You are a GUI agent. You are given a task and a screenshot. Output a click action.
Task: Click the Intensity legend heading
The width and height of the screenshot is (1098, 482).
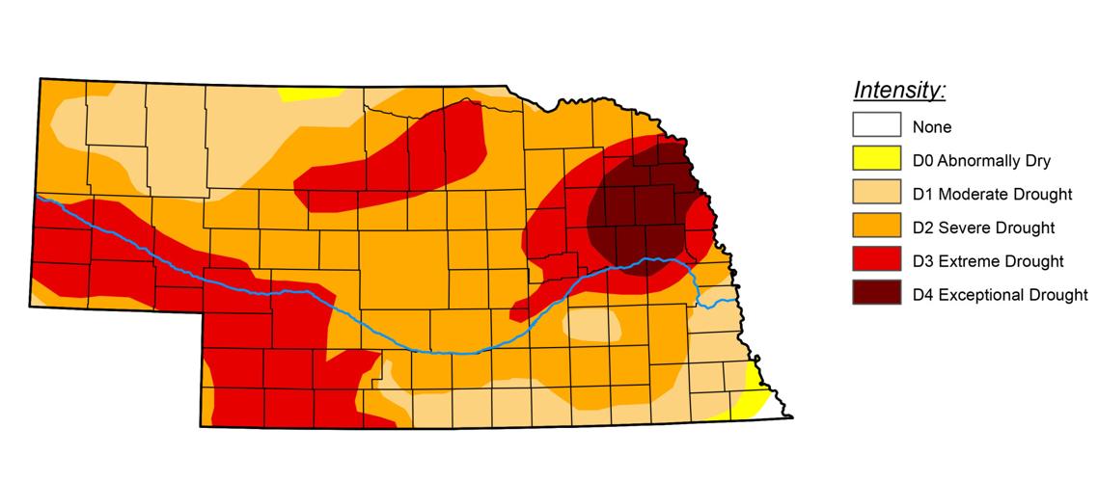[x=899, y=91]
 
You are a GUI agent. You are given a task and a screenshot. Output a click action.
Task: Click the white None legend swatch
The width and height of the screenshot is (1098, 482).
[x=876, y=126]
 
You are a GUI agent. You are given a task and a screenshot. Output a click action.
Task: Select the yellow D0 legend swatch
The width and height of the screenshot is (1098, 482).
[x=876, y=160]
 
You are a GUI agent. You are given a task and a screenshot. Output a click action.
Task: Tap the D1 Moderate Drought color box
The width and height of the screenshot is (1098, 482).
[x=876, y=194]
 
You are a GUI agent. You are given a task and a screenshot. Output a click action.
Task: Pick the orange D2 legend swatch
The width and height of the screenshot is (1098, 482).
[x=876, y=228]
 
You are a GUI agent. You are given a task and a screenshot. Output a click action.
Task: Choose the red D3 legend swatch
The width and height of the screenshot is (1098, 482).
[x=876, y=260]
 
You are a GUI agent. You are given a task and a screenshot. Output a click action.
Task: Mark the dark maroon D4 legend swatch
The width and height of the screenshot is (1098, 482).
[x=876, y=294]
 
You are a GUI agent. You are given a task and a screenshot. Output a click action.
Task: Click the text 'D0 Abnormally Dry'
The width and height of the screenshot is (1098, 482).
[x=981, y=161]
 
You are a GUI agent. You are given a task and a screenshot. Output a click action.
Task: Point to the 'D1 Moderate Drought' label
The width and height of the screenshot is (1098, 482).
[x=992, y=195]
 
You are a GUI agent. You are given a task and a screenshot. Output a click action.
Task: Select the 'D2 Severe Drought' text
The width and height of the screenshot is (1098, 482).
[x=983, y=228]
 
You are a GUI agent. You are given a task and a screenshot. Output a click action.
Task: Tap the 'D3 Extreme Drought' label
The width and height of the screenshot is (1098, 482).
[x=988, y=261]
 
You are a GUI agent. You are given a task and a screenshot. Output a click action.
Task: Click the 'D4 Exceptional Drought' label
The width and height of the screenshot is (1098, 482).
[x=1000, y=295]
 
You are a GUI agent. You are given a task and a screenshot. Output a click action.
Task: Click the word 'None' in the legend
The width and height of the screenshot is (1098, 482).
[x=932, y=127]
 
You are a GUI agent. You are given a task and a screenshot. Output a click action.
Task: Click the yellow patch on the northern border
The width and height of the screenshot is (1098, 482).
[x=311, y=94]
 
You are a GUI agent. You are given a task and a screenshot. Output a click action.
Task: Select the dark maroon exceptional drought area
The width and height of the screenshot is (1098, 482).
[x=642, y=207]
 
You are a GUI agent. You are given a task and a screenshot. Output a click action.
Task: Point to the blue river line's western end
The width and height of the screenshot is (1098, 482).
[x=39, y=197]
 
